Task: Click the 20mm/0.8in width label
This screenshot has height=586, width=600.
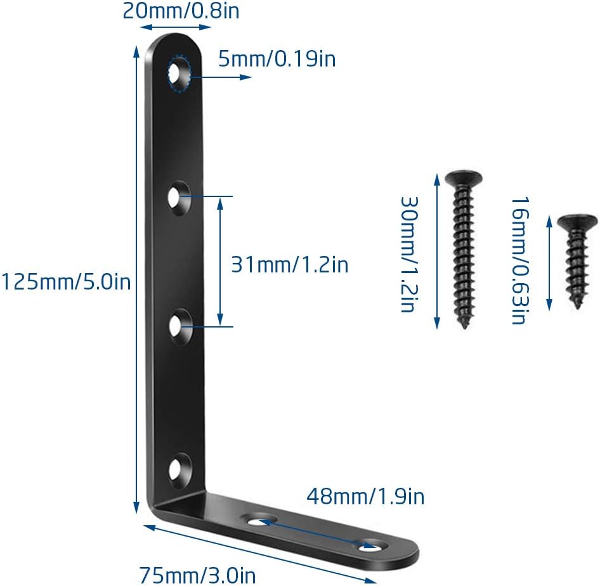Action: tap(181, 11)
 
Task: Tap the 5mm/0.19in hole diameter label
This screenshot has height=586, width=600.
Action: tap(277, 59)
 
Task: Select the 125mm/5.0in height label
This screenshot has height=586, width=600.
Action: tap(66, 282)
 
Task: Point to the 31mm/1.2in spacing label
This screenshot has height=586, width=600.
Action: tap(290, 264)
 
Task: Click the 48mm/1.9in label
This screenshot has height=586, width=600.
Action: tap(365, 496)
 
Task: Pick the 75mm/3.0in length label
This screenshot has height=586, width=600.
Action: tap(197, 575)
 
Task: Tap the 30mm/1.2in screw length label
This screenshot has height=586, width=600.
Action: tap(409, 255)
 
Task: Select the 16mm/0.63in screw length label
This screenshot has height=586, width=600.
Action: tap(521, 261)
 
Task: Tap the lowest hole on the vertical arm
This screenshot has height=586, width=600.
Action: tap(179, 470)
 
